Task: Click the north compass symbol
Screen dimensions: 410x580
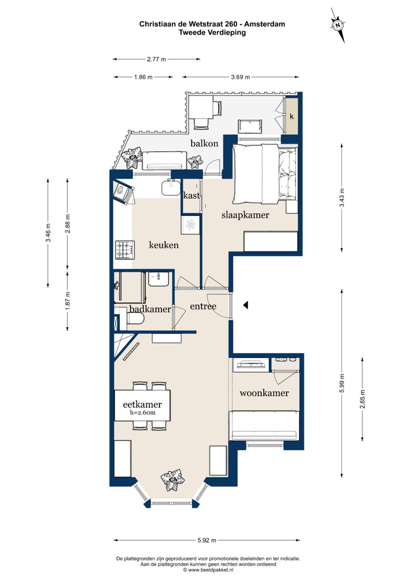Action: [x=338, y=25]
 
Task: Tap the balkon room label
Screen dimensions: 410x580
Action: [x=204, y=143]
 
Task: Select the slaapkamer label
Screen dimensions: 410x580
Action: [x=245, y=215]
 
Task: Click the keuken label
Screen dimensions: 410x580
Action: [x=164, y=245]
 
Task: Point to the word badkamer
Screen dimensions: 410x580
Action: [x=150, y=309]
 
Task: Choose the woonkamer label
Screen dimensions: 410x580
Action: [x=264, y=393]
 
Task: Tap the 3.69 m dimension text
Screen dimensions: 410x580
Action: [x=240, y=77]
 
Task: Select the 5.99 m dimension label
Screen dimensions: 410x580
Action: [x=342, y=383]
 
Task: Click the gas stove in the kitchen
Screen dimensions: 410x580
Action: [x=125, y=250]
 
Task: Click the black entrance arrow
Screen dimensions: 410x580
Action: [x=245, y=305]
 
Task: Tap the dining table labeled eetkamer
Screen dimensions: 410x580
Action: [x=142, y=406]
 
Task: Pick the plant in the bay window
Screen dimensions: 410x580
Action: [x=172, y=480]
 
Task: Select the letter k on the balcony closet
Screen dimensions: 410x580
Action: [x=292, y=117]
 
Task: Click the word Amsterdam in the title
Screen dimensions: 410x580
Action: [x=265, y=24]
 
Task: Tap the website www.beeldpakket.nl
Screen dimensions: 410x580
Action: [x=211, y=570]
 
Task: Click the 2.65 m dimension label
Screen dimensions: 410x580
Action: [x=363, y=399]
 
